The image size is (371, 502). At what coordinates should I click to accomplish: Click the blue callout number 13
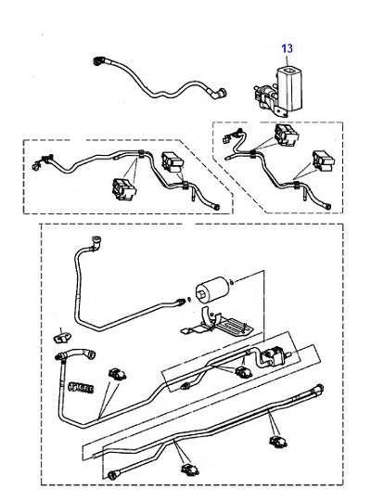(287, 48)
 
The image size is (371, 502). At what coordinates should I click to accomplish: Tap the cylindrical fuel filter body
(212, 289)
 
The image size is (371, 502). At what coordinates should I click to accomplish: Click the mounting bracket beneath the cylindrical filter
(217, 323)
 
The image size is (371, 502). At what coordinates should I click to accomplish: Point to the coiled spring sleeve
(81, 387)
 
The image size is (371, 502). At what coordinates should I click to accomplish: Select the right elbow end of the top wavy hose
(220, 93)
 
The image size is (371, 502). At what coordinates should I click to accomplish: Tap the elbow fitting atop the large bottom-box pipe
(96, 243)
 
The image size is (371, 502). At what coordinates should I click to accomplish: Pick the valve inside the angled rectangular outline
(275, 355)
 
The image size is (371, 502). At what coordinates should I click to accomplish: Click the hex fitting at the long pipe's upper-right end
(319, 389)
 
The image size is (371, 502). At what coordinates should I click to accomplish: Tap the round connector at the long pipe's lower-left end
(112, 475)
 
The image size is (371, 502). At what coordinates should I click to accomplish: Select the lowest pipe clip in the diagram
(190, 469)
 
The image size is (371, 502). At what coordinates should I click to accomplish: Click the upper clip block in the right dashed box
(286, 135)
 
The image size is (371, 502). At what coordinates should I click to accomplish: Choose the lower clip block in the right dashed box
(324, 161)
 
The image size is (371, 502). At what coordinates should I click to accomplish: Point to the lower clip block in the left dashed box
(124, 189)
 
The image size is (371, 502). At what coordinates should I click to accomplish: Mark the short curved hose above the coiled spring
(75, 354)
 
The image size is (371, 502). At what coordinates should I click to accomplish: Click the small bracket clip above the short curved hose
(62, 337)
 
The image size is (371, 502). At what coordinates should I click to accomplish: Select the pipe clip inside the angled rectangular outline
(244, 372)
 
